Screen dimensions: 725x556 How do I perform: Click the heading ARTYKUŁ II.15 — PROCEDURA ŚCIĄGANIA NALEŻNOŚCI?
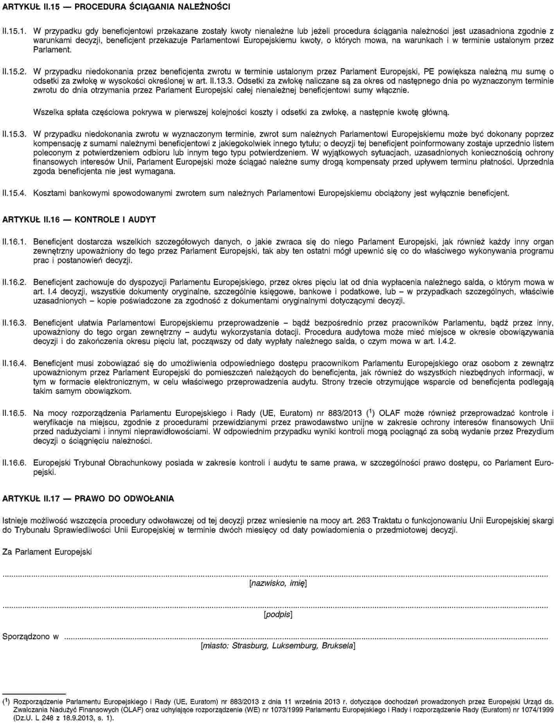(x=116, y=7)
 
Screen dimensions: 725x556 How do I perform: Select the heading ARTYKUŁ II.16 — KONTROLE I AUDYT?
(x=79, y=220)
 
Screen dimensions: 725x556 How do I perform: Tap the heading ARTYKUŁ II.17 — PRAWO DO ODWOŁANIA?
(x=88, y=499)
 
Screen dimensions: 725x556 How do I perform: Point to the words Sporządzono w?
(x=31, y=636)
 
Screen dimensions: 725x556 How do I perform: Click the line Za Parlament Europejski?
(x=47, y=552)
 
